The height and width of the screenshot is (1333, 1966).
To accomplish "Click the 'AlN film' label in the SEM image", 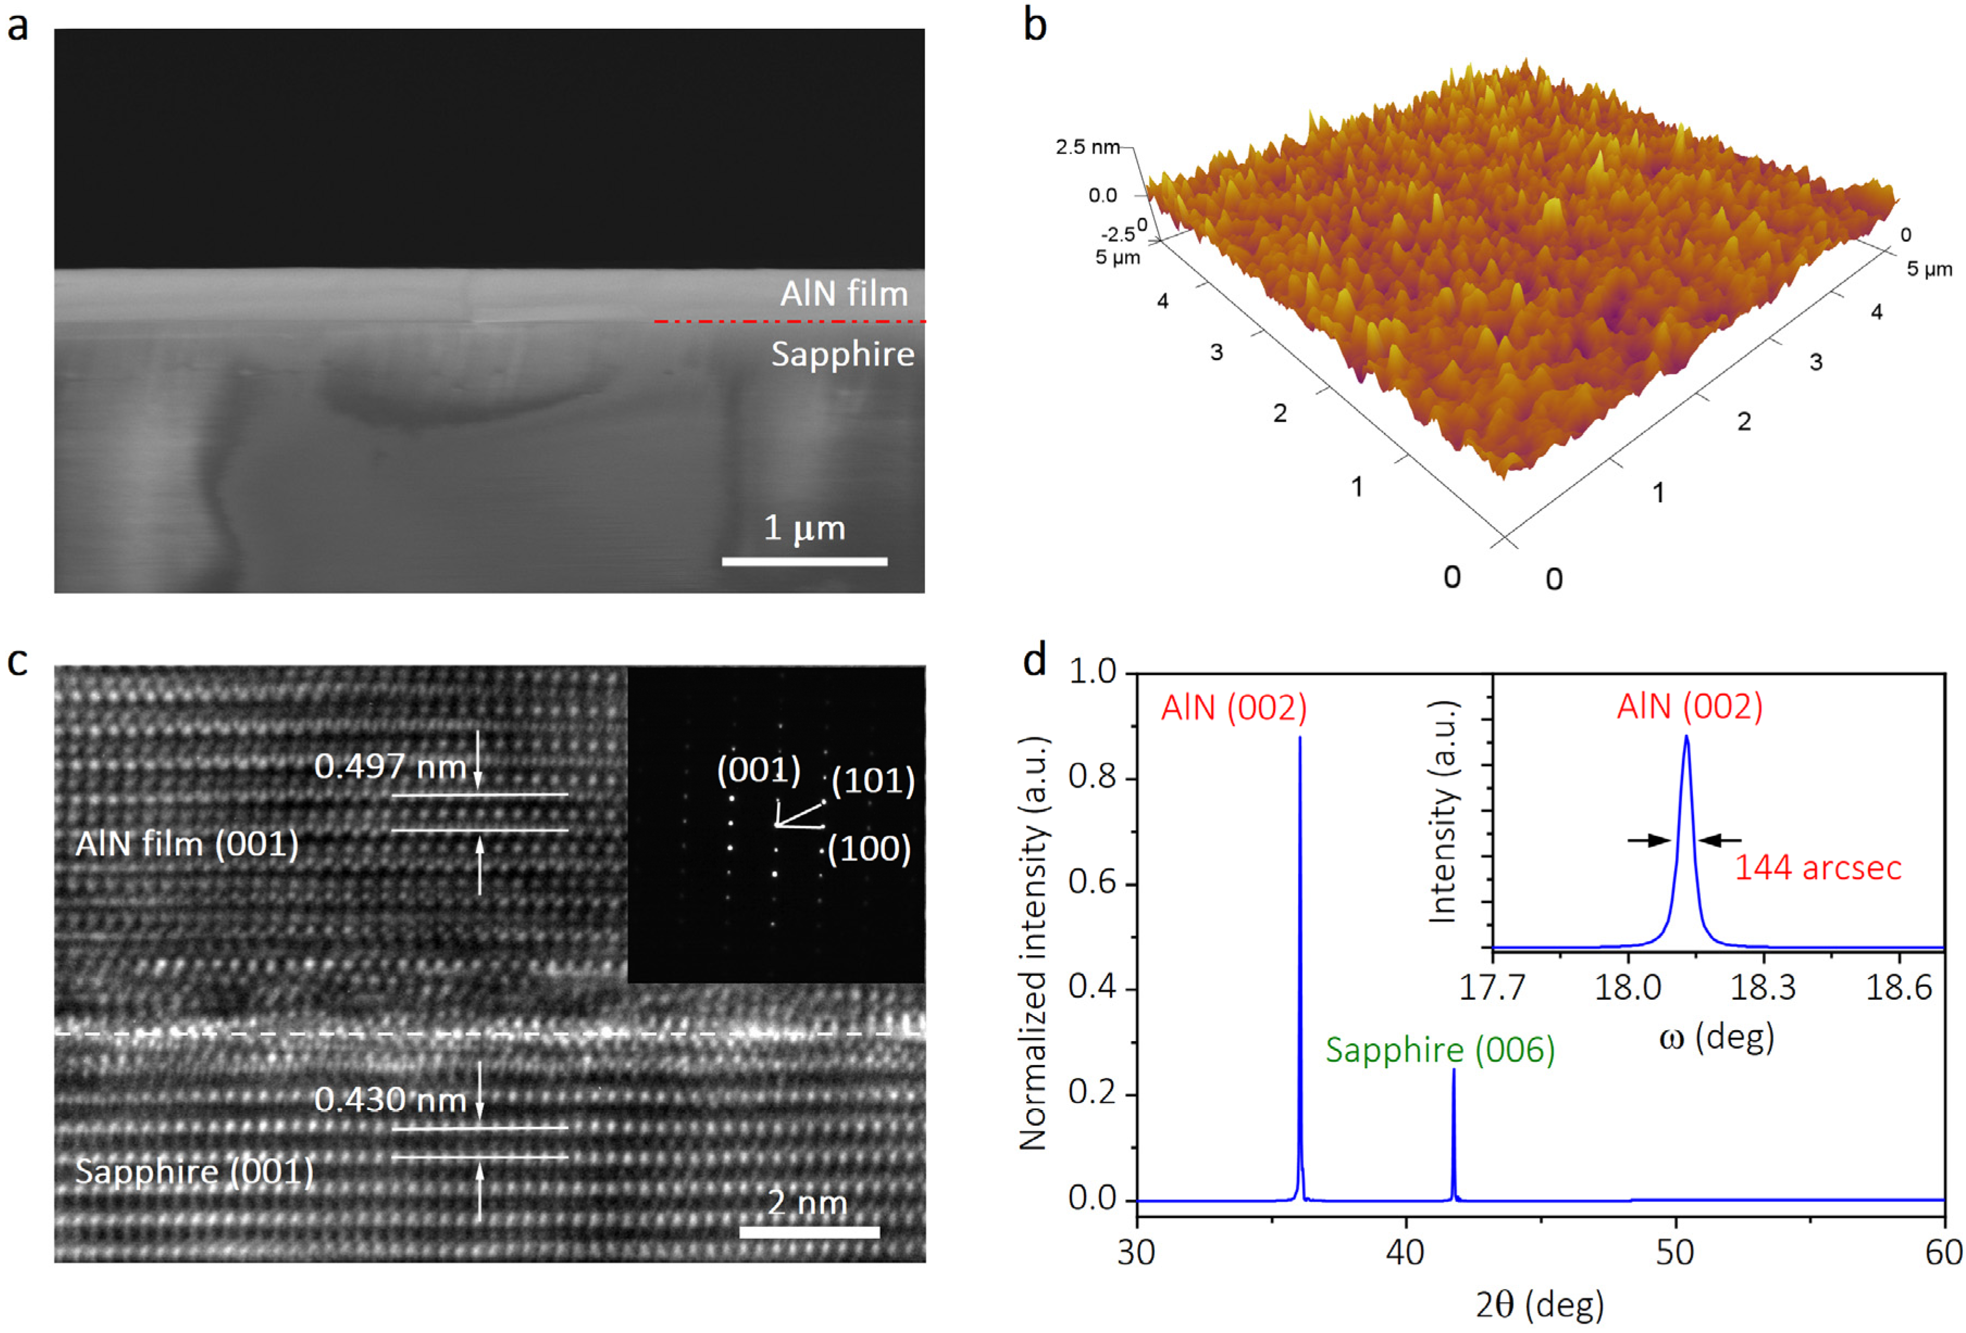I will (x=844, y=294).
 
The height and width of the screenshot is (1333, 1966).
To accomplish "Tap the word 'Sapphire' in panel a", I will (x=842, y=354).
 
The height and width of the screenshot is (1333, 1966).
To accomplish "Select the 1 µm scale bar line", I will (x=804, y=561).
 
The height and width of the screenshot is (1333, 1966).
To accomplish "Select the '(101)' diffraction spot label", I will (x=873, y=780).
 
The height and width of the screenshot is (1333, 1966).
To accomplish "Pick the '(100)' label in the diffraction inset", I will (x=869, y=849).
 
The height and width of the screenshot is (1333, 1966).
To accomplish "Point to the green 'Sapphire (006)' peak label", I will (x=1440, y=1050).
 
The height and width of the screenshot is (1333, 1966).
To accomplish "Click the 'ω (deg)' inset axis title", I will (x=1717, y=1037).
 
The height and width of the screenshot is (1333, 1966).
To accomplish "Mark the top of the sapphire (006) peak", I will (x=1453, y=1070).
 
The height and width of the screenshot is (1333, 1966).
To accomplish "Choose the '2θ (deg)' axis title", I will (x=1540, y=1304).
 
